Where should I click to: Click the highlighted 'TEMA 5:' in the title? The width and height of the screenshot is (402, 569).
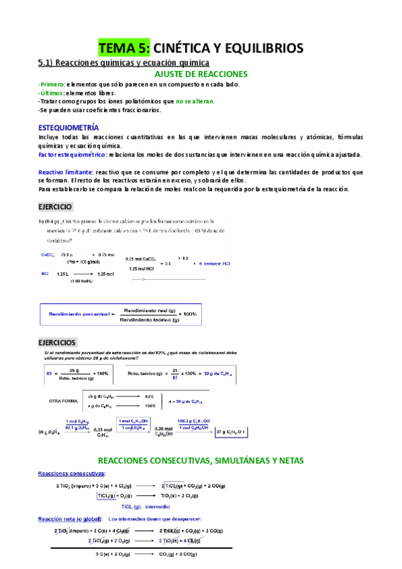tap(125, 48)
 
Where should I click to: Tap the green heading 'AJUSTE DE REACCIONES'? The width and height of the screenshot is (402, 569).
tap(201, 74)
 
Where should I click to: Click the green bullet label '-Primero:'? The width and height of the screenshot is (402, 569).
tap(52, 85)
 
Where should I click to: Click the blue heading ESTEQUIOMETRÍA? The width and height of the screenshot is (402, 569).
tap(68, 127)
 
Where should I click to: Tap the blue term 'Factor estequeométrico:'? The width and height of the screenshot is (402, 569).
tap(72, 154)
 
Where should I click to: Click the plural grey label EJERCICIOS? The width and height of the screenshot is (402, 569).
tap(57, 342)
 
